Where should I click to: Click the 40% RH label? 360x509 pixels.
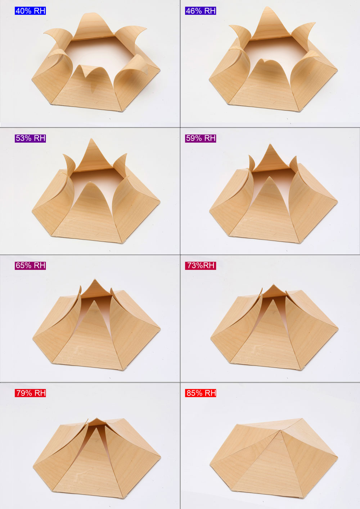30,11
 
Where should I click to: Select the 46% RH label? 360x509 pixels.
201,11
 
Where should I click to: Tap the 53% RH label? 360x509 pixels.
30,138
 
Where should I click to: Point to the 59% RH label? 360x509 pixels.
201,138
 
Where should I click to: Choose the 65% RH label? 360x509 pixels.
30,265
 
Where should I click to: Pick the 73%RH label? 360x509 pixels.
201,265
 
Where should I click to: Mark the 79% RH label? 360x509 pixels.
30,393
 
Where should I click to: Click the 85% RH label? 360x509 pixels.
201,393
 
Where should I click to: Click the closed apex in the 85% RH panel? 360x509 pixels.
281,430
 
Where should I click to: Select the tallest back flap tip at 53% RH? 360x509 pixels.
91,139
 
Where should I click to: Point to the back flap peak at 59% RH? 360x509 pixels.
270,144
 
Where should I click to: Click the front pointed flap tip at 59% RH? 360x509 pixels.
270,177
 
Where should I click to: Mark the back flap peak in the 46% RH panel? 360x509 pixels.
270,7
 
